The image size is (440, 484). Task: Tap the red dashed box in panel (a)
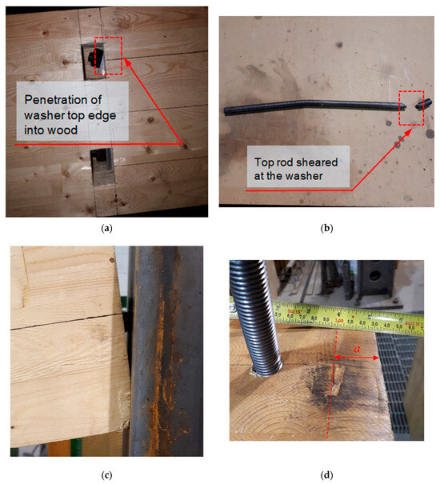tap(108, 55)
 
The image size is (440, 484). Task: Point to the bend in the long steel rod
tap(308, 102)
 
